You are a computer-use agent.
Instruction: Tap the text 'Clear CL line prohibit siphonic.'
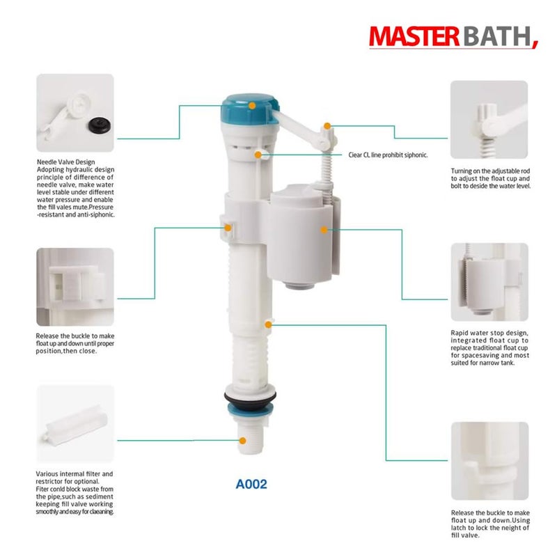tap(388, 155)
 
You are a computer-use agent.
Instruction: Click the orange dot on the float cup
tap(323, 228)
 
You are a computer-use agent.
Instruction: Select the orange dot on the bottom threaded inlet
tap(243, 440)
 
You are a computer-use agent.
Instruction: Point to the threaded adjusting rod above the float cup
tap(324, 164)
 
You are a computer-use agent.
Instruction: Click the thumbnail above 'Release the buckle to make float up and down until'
tap(74, 287)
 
